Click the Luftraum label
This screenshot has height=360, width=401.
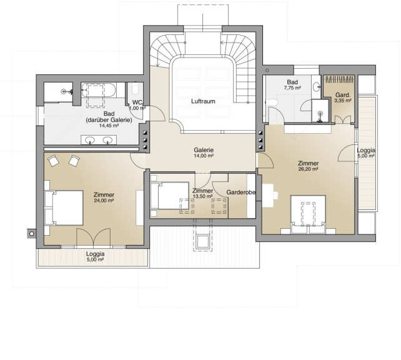coord(203,101)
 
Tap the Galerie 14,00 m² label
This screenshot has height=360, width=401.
coord(204,152)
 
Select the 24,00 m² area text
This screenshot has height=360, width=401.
coord(104,201)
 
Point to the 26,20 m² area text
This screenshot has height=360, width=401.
coord(308,169)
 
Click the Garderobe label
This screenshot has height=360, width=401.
coord(240,192)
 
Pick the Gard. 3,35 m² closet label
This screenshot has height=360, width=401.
coord(343,97)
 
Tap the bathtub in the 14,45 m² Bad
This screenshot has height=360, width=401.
coord(99,90)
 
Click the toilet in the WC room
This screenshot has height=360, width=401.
coord(135,87)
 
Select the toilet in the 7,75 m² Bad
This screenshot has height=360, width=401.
coord(272,102)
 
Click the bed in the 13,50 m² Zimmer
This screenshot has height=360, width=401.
coord(169,196)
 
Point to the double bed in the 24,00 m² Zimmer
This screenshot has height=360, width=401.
coord(64,207)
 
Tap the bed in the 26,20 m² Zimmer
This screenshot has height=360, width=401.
coord(308,214)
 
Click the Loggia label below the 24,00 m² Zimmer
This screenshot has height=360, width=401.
coord(95,254)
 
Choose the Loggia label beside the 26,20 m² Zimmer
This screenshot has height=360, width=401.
coord(366,151)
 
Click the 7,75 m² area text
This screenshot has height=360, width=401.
coord(292,88)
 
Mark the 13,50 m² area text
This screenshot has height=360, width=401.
coord(202,196)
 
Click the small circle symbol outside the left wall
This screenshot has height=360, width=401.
coord(31,234)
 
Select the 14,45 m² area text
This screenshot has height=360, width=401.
coord(109,126)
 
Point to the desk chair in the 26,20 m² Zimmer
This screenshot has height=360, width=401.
coord(275,195)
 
